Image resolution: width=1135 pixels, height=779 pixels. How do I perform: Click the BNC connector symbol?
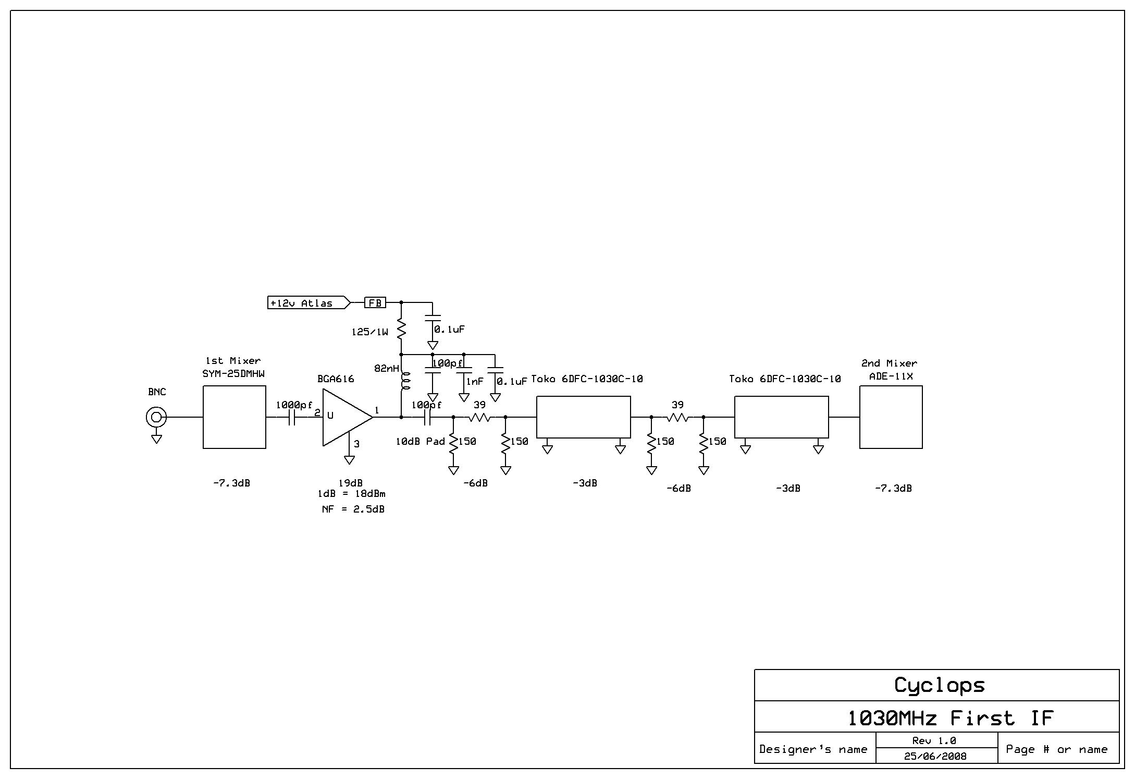pyautogui.click(x=156, y=417)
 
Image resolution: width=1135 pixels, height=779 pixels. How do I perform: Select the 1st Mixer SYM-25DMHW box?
pyautogui.click(x=234, y=417)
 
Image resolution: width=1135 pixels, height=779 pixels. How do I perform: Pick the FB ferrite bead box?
pyautogui.click(x=375, y=302)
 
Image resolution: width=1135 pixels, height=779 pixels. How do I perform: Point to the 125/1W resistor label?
pyautogui.click(x=369, y=332)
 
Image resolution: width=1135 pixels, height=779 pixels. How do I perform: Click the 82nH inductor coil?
pyautogui.click(x=404, y=381)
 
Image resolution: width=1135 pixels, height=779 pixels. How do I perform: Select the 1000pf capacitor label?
pyautogui.click(x=294, y=405)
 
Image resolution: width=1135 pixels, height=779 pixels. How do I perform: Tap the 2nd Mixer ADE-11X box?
pyautogui.click(x=891, y=417)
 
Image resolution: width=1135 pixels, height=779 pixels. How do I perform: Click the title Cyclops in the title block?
pyautogui.click(x=939, y=685)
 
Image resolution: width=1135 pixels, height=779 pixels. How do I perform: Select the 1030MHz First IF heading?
pyautogui.click(x=951, y=718)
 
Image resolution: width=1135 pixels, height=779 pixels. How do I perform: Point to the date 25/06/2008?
pyautogui.click(x=935, y=756)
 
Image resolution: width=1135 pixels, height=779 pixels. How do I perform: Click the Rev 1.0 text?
pyautogui.click(x=934, y=740)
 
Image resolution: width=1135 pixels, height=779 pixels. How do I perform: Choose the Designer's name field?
pyautogui.click(x=813, y=749)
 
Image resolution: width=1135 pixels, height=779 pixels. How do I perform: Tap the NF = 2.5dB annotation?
pyautogui.click(x=353, y=509)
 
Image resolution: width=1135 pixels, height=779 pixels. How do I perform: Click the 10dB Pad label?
pyautogui.click(x=420, y=441)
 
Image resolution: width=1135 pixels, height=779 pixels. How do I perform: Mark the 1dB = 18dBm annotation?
pyautogui.click(x=351, y=493)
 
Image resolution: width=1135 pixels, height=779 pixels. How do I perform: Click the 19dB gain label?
pyautogui.click(x=350, y=483)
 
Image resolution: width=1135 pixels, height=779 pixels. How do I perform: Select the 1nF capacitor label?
pyautogui.click(x=474, y=381)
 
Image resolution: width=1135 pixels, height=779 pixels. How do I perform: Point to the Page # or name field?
pyautogui.click(x=1056, y=749)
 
